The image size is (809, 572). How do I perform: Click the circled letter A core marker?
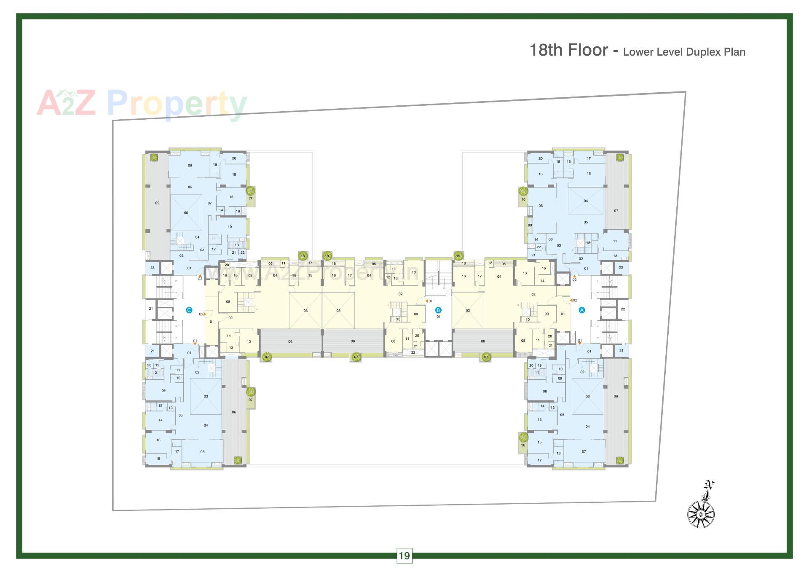click(582, 310)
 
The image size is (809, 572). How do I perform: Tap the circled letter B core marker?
click(438, 310)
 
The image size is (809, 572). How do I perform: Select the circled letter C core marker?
click(189, 310)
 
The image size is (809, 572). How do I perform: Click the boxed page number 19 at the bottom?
click(404, 556)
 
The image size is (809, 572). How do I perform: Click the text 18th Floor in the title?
click(568, 50)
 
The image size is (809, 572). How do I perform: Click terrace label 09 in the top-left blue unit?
click(157, 203)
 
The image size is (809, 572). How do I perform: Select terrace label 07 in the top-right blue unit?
click(616, 211)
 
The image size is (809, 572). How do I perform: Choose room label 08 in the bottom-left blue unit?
click(203, 452)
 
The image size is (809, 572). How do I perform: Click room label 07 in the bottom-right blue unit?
click(584, 451)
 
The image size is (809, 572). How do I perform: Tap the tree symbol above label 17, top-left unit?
click(250, 191)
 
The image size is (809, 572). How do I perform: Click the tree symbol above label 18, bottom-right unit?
click(523, 437)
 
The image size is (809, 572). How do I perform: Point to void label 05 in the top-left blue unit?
click(186, 213)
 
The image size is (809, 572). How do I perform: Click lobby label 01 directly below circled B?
click(438, 317)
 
